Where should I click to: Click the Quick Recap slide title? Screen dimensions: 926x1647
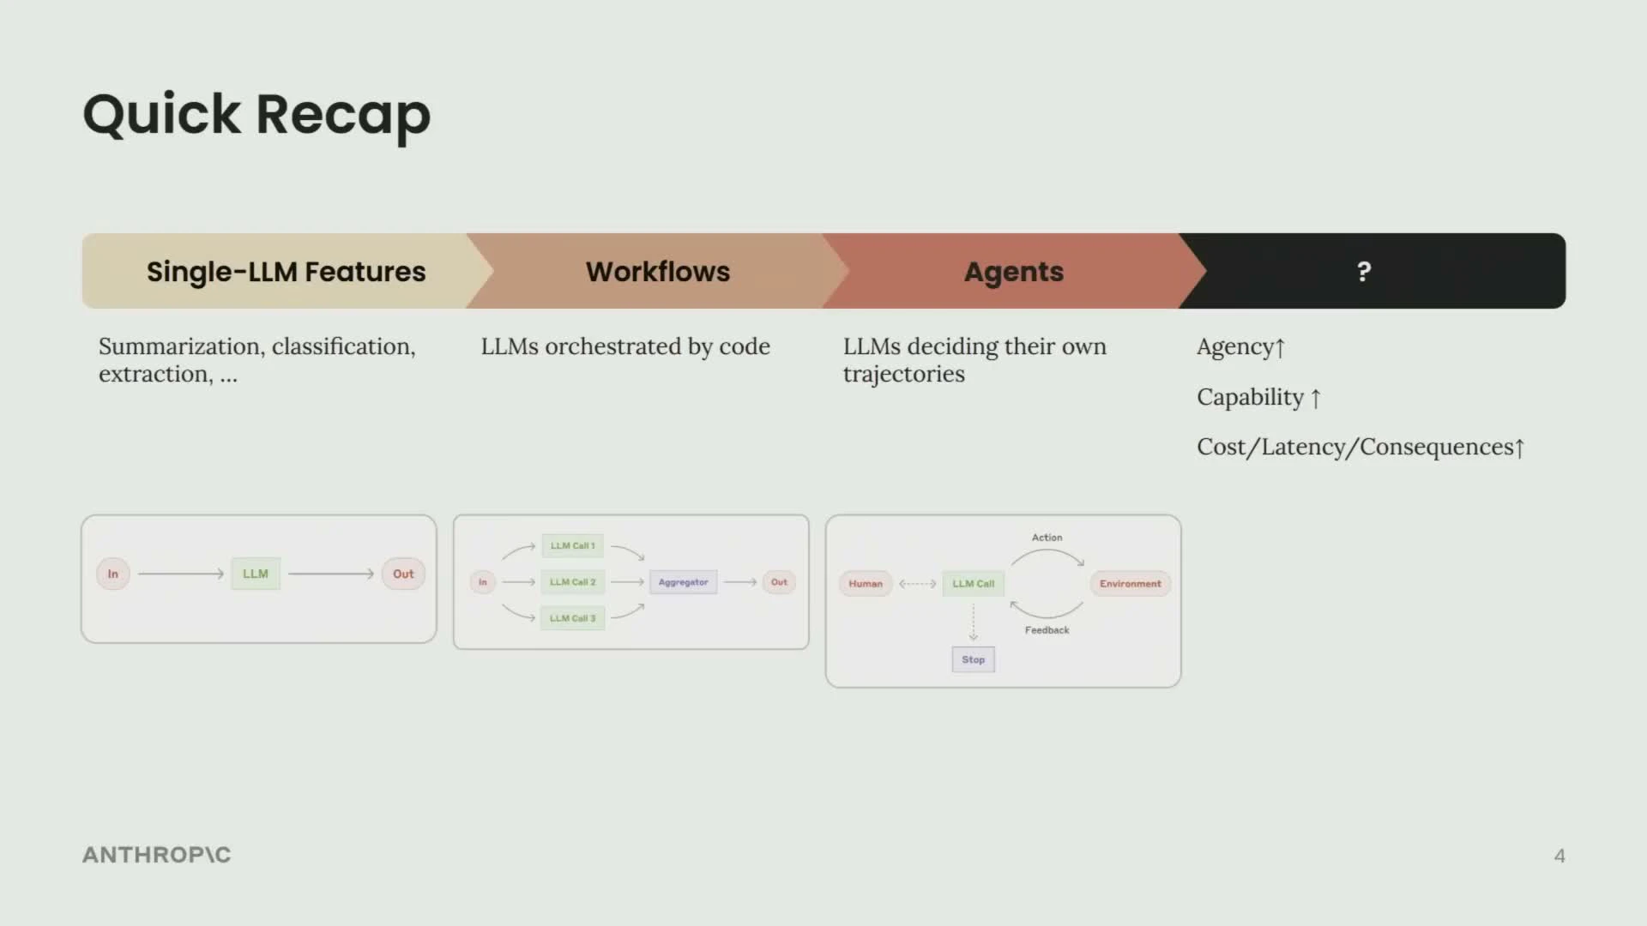[256, 114]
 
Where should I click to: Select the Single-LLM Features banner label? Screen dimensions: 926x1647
[286, 272]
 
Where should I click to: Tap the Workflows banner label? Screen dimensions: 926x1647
[658, 272]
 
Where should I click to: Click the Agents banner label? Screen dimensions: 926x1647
[1013, 272]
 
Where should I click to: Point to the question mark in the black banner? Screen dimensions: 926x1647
[1364, 272]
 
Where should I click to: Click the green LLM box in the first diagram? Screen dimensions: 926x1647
[256, 574]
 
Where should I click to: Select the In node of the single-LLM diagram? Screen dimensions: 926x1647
[113, 574]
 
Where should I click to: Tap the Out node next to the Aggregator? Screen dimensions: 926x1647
[779, 582]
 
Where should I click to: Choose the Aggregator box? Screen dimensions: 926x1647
[683, 582]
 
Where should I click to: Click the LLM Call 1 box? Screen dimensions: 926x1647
[572, 545]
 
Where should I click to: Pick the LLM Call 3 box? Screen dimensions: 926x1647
[572, 618]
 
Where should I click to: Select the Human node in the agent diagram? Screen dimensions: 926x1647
[866, 584]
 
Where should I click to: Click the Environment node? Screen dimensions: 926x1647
[1130, 584]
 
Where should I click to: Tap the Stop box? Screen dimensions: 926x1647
[973, 659]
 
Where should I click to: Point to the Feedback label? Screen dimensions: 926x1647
[1047, 630]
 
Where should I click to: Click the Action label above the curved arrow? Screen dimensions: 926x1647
[1047, 538]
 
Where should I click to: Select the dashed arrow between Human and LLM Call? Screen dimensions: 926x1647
[918, 584]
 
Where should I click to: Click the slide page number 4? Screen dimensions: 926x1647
[1560, 856]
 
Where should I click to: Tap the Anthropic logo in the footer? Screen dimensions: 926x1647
[157, 855]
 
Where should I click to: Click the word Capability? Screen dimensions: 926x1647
[1250, 397]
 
